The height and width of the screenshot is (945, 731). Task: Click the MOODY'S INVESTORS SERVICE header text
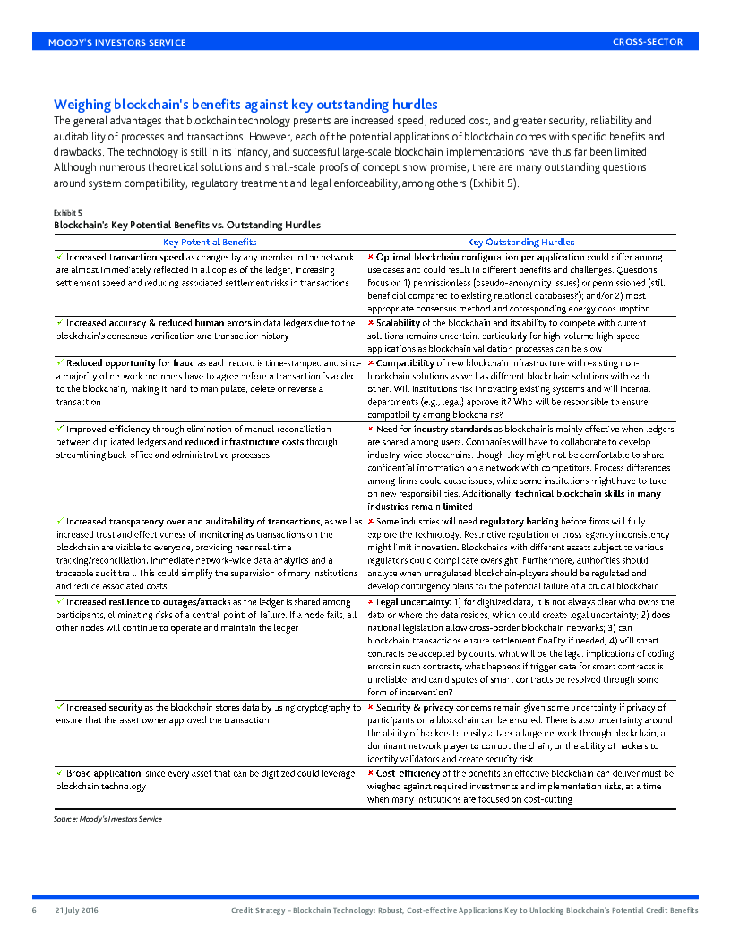click(x=116, y=42)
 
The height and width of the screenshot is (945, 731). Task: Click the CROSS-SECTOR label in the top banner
click(x=648, y=42)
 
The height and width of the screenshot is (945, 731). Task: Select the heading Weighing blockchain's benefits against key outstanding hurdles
click(x=245, y=105)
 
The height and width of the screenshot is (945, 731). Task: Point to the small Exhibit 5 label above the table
click(x=68, y=212)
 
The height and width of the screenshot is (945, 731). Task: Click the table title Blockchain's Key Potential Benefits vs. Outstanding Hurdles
click(x=187, y=225)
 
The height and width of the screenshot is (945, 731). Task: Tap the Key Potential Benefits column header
click(x=210, y=242)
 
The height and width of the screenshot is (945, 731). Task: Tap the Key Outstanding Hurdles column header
click(x=520, y=242)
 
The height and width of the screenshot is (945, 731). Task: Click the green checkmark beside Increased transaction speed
click(x=60, y=256)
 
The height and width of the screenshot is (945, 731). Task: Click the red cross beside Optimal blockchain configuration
click(x=371, y=257)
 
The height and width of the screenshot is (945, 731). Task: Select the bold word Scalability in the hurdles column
click(x=398, y=322)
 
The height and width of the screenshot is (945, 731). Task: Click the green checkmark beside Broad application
click(x=60, y=772)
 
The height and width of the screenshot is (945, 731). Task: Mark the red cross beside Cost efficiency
click(x=371, y=772)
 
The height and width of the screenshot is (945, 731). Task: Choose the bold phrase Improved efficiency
click(x=107, y=430)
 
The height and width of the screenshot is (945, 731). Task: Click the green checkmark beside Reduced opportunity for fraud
click(x=60, y=362)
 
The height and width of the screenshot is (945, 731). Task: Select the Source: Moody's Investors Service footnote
click(x=108, y=818)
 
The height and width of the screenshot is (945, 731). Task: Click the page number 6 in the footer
click(x=34, y=910)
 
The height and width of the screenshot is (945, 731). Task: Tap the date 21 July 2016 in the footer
click(x=76, y=910)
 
